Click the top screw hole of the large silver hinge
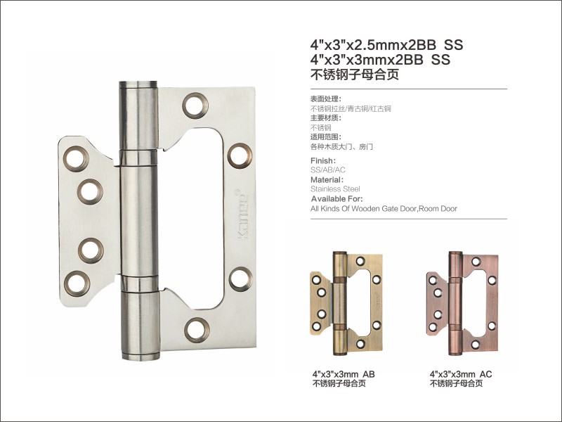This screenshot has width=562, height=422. (195, 105)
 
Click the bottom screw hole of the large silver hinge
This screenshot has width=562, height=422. (197, 330)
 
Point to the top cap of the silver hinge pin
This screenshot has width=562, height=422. (138, 84)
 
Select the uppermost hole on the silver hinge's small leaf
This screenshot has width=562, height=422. (76, 159)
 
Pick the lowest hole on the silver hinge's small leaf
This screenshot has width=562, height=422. (77, 283)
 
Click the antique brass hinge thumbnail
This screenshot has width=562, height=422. (346, 303)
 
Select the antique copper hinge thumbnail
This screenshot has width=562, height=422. (462, 303)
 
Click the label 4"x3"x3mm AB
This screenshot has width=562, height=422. (344, 374)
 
